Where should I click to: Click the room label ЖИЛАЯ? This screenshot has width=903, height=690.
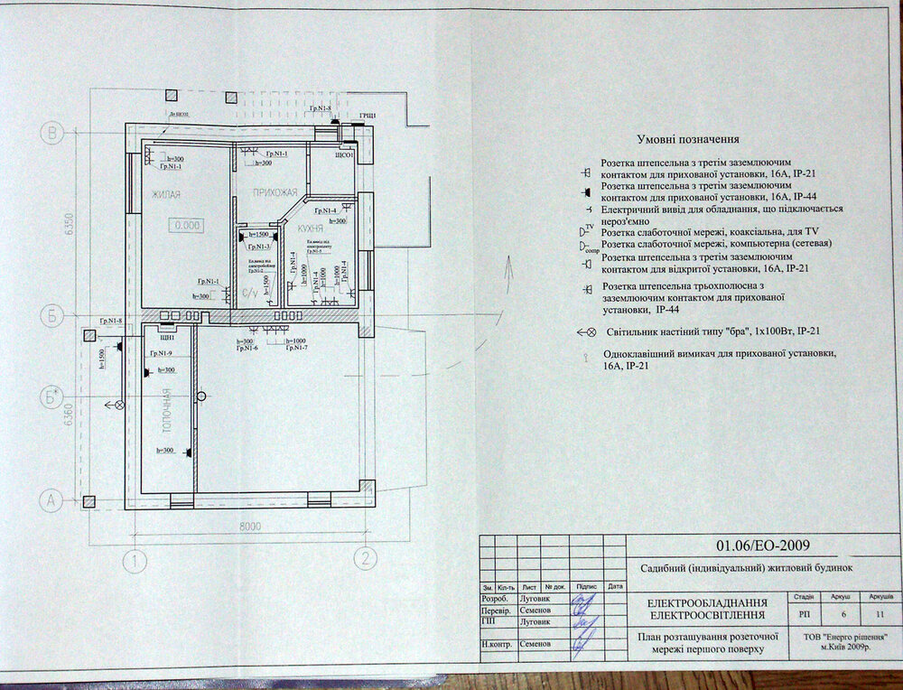coord(166,194)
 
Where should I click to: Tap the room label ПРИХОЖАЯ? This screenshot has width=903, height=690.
coord(275,191)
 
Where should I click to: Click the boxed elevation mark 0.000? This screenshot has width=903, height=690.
coord(188,225)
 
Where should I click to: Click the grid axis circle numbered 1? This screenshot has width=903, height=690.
coord(135,561)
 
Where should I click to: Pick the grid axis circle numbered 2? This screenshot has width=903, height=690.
coord(365,559)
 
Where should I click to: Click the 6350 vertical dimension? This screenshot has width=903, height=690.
coord(69,225)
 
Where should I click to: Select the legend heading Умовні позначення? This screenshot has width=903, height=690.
coord(688,140)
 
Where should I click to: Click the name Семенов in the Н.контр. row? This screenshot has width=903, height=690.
coord(536,645)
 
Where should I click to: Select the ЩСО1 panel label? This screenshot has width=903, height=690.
coord(344,154)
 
